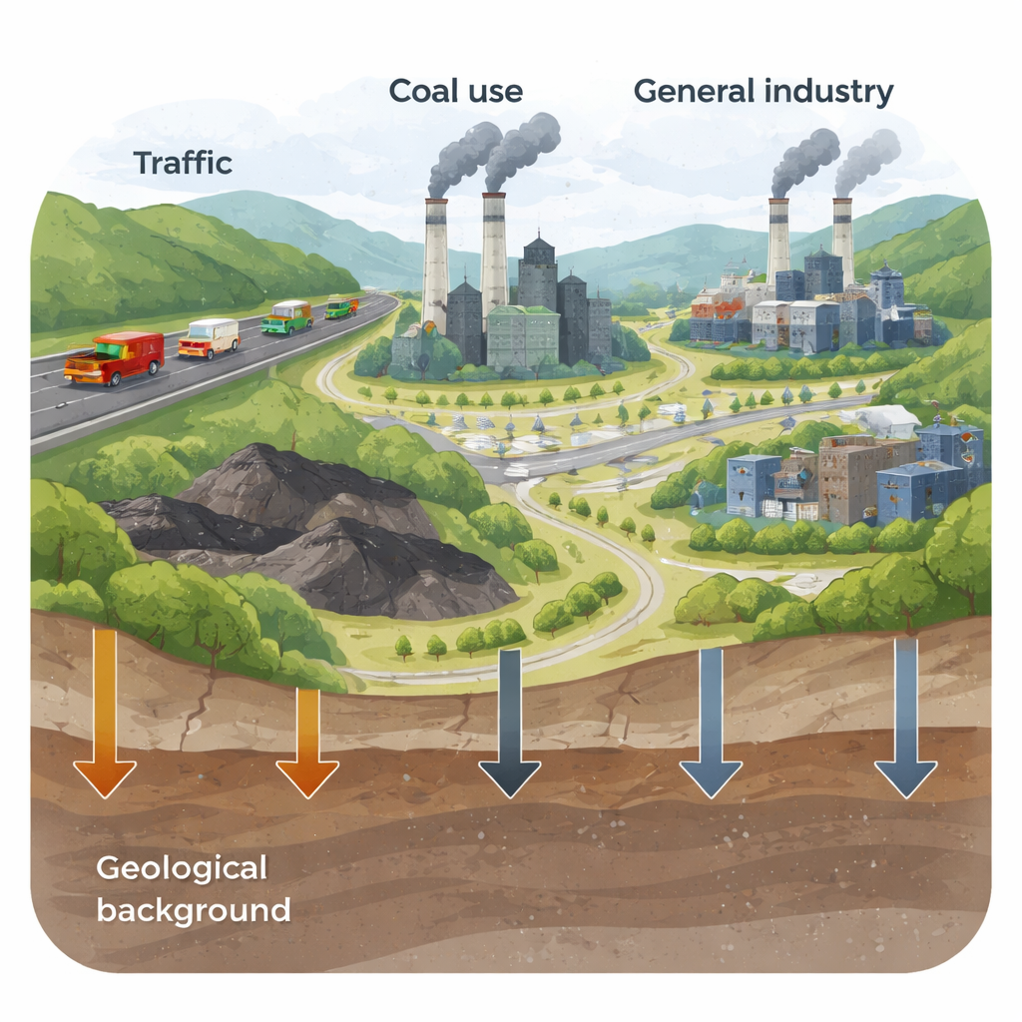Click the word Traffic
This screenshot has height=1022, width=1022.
(183, 162)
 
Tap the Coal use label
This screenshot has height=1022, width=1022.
(455, 91)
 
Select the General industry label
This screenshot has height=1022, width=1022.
(763, 91)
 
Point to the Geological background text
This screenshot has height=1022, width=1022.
(193, 888)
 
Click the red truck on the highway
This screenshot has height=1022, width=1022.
(115, 357)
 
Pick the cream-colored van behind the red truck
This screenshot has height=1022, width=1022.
(209, 337)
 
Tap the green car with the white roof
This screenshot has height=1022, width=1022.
(286, 316)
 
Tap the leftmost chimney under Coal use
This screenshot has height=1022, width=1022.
(435, 264)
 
